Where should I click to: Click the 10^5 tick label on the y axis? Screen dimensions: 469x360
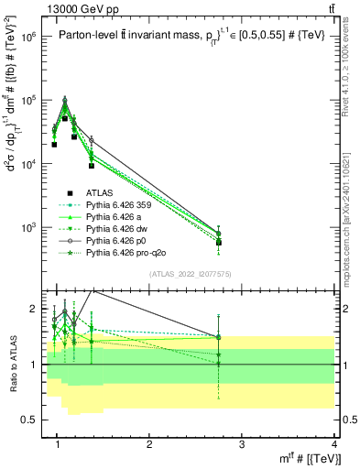click(x=27, y=100)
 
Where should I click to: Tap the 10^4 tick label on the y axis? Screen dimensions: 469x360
click(x=27, y=163)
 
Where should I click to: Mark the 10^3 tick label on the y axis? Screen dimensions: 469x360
click(x=27, y=226)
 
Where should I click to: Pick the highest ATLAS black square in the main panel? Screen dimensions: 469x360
click(x=65, y=118)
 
